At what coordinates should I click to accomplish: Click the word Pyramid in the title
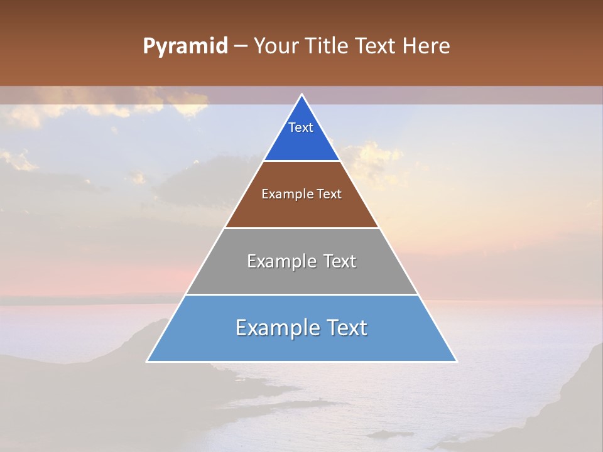185,46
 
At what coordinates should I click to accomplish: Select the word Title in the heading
328,46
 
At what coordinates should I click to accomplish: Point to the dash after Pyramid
241,46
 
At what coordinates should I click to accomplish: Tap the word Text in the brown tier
329,194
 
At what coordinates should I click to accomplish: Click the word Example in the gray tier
281,261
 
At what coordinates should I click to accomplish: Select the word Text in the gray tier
339,261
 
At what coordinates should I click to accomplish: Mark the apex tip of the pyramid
301,95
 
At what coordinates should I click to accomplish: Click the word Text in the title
377,46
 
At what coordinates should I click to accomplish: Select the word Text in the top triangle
301,127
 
